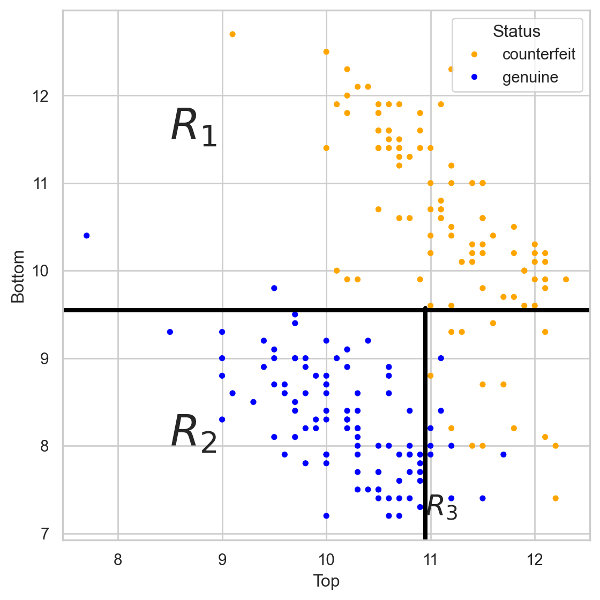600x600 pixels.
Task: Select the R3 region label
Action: pos(442,507)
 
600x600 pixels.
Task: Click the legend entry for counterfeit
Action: pos(538,54)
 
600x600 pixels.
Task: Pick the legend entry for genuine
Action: pos(530,78)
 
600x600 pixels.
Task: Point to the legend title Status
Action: pos(516,31)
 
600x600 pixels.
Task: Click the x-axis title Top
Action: pos(326,581)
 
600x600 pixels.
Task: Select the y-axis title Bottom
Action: pos(18,276)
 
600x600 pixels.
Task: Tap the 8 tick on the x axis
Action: pos(118,560)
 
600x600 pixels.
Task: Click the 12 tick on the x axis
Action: pos(534,560)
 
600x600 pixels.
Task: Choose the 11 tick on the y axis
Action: pos(41,184)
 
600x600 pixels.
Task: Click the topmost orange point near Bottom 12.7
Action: pos(232,34)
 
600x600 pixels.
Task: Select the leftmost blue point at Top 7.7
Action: pos(87,236)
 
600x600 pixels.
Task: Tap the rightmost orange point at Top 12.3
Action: pos(566,279)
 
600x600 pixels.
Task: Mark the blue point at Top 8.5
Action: pos(170,332)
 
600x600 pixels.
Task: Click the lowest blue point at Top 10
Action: pos(326,515)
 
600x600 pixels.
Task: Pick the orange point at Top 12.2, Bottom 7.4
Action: pos(555,498)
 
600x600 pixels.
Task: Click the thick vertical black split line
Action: pos(425,429)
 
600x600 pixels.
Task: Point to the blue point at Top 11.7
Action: pos(503,454)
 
